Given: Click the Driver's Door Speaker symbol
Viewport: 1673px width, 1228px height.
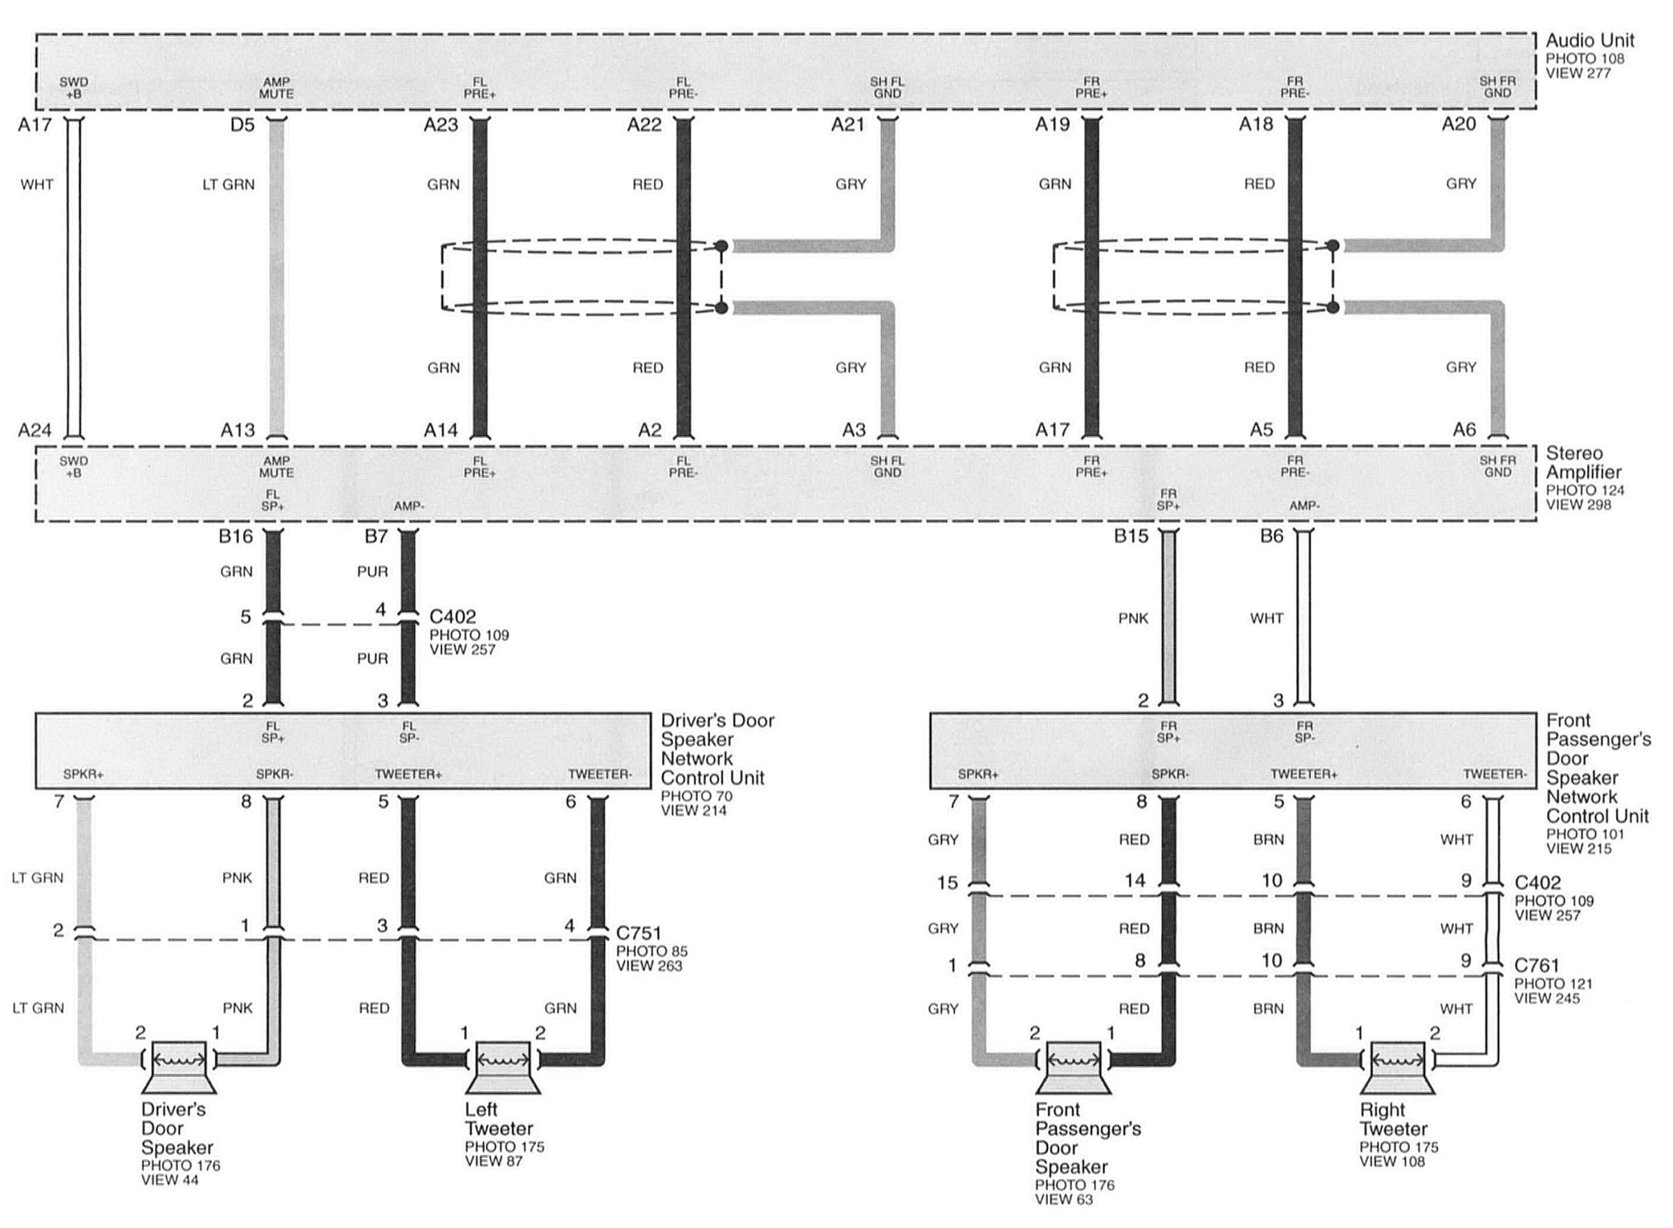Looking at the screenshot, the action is pyautogui.click(x=179, y=1067).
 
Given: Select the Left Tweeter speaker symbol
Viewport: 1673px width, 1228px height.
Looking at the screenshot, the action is pyautogui.click(x=503, y=1067).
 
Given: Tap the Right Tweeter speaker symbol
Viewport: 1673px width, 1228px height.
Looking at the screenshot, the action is pyautogui.click(x=1398, y=1067).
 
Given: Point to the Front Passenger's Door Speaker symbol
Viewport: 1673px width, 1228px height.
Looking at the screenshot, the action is pyautogui.click(x=1073, y=1067).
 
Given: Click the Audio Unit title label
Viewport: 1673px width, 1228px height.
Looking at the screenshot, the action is pyautogui.click(x=1590, y=40).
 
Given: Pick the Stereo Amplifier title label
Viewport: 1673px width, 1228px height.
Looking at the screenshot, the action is pyautogui.click(x=1583, y=463).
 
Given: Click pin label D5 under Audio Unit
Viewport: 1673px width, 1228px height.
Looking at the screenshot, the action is pyautogui.click(x=242, y=125).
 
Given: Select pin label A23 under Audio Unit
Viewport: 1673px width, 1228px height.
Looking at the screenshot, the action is pyautogui.click(x=441, y=125).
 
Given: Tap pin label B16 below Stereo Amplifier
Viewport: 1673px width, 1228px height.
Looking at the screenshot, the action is pyautogui.click(x=236, y=536).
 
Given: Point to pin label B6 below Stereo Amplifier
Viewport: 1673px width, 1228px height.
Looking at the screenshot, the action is pyautogui.click(x=1272, y=536).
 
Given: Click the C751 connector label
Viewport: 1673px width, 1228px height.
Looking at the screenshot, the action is pyautogui.click(x=639, y=933).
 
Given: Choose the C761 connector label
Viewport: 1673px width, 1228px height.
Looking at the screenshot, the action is pyautogui.click(x=1537, y=966).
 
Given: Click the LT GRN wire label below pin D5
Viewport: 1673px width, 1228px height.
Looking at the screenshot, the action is pyautogui.click(x=229, y=185).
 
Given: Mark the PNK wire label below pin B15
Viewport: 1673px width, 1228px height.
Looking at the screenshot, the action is pyautogui.click(x=1133, y=618).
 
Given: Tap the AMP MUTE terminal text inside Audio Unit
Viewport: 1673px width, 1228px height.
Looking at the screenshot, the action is pyautogui.click(x=277, y=88).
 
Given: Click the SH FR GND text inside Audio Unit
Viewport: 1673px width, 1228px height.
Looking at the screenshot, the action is pyautogui.click(x=1497, y=87).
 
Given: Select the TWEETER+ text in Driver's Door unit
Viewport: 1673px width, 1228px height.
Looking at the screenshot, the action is pyautogui.click(x=408, y=774).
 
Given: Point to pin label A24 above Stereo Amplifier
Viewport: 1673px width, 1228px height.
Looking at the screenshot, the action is pyautogui.click(x=35, y=430).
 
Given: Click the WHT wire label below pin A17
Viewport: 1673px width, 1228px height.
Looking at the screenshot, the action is pyautogui.click(x=37, y=185).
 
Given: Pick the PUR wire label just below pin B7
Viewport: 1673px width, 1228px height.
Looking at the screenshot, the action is pyautogui.click(x=372, y=572).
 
